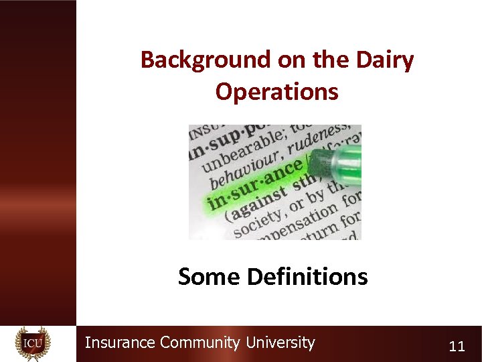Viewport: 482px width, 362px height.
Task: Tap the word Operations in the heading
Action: tap(276, 91)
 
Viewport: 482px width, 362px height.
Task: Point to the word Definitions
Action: tap(307, 276)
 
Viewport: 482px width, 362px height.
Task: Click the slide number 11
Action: tap(457, 346)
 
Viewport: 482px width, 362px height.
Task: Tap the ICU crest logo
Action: tap(33, 343)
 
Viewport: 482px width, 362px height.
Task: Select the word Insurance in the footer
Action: tap(120, 343)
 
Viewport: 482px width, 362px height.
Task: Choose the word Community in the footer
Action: tap(199, 343)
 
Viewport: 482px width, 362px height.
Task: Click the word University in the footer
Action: tap(280, 343)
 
